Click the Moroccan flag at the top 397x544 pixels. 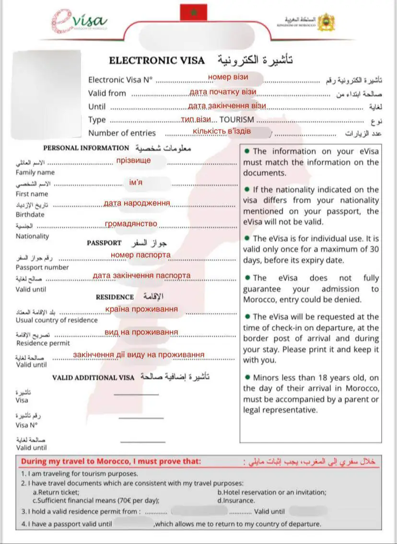click(x=193, y=12)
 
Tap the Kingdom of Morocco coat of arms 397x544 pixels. click(x=326, y=22)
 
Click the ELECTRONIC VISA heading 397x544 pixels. click(x=157, y=61)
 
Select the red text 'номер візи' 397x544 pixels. click(x=228, y=77)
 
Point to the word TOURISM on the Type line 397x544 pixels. click(x=237, y=120)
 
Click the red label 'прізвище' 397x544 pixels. click(x=133, y=160)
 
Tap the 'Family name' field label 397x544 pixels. click(x=35, y=173)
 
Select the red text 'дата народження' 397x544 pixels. click(x=137, y=203)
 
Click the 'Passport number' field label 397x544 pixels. click(x=42, y=267)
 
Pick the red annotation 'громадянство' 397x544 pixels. click(x=131, y=224)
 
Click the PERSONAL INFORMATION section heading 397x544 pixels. click(x=86, y=148)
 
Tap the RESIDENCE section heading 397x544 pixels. click(x=115, y=297)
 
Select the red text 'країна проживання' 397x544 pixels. click(x=141, y=309)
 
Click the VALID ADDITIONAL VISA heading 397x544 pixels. click(x=93, y=378)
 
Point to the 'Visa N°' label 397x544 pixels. click(x=26, y=425)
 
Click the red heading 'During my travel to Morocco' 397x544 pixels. click(x=111, y=462)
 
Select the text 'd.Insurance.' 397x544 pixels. click(x=236, y=500)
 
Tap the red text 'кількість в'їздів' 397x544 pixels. click(x=222, y=131)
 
